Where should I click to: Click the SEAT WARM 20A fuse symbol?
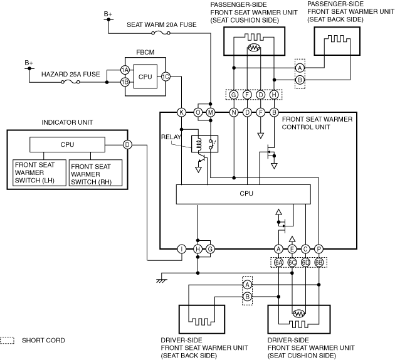[161, 33]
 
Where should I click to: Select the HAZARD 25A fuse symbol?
[70, 82]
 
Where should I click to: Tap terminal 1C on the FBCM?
[166, 77]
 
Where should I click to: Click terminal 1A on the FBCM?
[125, 70]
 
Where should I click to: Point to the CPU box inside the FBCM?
[145, 77]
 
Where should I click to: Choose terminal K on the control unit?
[181, 112]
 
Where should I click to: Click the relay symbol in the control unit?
[204, 144]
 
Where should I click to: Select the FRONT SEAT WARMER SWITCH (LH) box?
[39, 173]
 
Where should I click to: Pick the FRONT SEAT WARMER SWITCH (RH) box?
[95, 173]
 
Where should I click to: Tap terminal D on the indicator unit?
[127, 145]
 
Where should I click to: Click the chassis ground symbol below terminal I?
[162, 280]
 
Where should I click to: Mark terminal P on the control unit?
[319, 249]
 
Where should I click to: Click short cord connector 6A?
[278, 263]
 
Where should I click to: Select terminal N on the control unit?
[234, 112]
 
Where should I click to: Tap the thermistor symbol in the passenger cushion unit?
[254, 48]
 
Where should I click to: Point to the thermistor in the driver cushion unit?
[299, 314]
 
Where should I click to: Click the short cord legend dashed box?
[7, 341]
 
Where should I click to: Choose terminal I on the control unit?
[181, 249]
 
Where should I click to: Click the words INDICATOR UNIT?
[67, 122]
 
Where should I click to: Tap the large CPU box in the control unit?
[243, 194]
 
